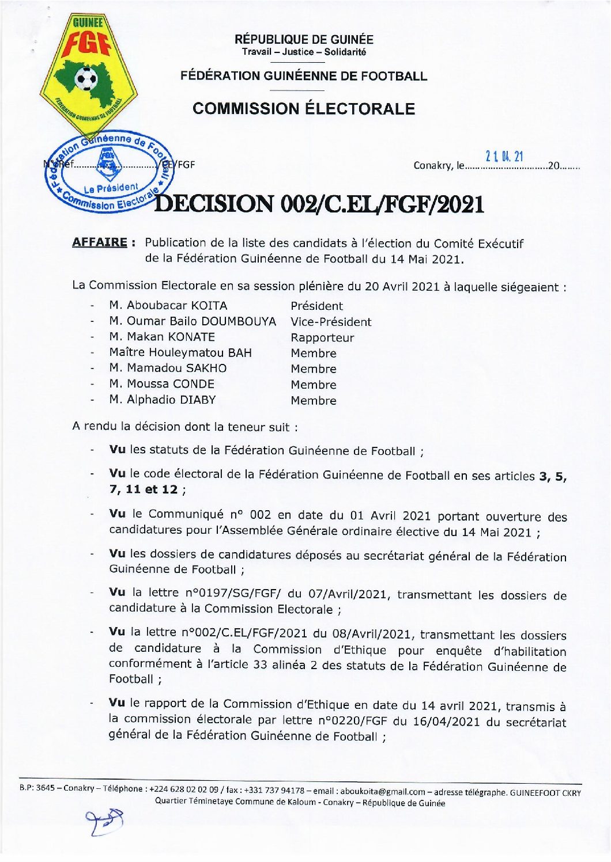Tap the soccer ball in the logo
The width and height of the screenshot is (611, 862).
[x=87, y=78]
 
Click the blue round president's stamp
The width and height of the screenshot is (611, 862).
[x=109, y=172]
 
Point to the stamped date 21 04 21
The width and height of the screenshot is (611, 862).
[x=504, y=156]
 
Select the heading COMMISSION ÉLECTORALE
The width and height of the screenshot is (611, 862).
[x=304, y=109]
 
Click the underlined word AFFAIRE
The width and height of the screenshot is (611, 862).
[x=99, y=242]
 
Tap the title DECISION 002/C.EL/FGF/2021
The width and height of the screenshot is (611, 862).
[x=320, y=204]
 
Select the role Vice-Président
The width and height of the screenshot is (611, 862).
[x=331, y=321]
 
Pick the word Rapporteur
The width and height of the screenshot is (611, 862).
[x=322, y=337]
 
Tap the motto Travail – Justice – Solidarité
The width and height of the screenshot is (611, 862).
[x=304, y=52]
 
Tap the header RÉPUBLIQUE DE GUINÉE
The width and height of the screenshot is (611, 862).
[x=304, y=39]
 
